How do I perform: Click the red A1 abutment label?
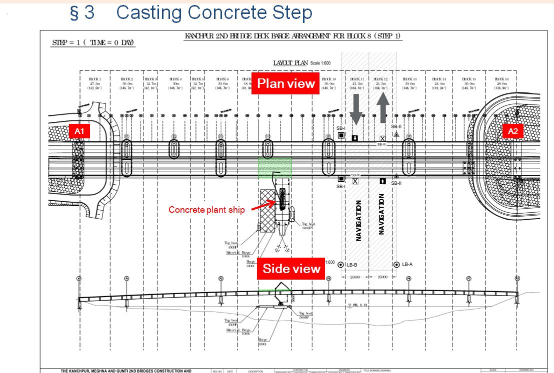[78, 131]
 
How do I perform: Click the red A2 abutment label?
[513, 131]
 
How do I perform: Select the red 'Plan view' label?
[285, 83]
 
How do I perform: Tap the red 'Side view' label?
[291, 269]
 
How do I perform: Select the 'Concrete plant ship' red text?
[206, 210]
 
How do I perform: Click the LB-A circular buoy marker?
[396, 264]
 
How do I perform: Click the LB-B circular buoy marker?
[341, 264]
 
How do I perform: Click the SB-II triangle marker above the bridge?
[396, 134]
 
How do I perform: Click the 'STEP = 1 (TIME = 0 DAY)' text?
[93, 42]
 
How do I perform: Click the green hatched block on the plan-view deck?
[274, 167]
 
